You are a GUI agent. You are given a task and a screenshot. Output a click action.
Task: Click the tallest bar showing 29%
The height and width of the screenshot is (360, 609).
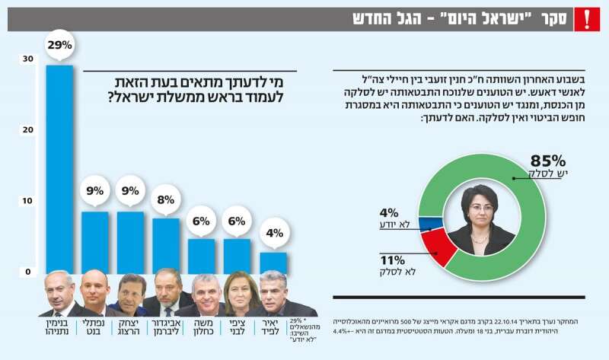pyautogui.click(x=59, y=167)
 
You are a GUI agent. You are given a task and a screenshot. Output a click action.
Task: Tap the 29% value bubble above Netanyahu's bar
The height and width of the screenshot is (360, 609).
pyautogui.click(x=59, y=46)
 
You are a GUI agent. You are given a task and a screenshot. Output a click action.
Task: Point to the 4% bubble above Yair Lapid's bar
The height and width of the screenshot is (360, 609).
pyautogui.click(x=274, y=233)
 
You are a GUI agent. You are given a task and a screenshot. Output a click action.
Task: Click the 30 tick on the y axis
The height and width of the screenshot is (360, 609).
pyautogui.click(x=27, y=59)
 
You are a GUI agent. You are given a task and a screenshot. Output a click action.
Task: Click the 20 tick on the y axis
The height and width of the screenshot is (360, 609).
pyautogui.click(x=27, y=131)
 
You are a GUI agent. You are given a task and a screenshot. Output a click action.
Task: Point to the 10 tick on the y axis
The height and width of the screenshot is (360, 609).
pyautogui.click(x=27, y=201)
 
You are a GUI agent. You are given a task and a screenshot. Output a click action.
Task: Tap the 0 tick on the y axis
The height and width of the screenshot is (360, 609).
pyautogui.click(x=27, y=272)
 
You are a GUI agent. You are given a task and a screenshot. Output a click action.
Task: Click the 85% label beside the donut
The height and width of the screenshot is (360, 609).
pyautogui.click(x=547, y=161)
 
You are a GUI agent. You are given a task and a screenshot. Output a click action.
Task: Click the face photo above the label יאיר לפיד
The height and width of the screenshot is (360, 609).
pyautogui.click(x=273, y=294)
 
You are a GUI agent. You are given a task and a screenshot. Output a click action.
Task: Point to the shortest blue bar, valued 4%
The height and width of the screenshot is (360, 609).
pyautogui.click(x=274, y=263)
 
